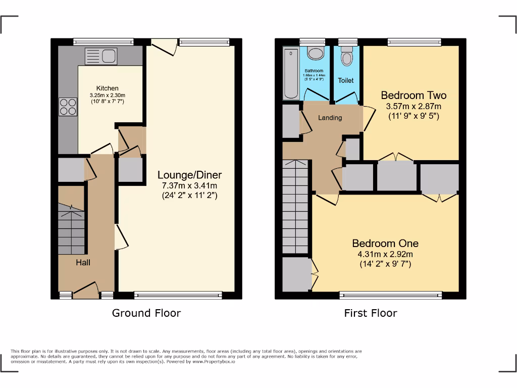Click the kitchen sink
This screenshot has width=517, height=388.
pyautogui.click(x=101, y=56)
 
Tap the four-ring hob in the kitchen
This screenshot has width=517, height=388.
pyautogui.click(x=68, y=107)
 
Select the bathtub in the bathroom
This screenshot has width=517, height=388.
pyautogui.click(x=291, y=74)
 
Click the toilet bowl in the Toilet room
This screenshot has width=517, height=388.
pyautogui.click(x=346, y=58)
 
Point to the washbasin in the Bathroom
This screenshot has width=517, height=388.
pyautogui.click(x=316, y=54)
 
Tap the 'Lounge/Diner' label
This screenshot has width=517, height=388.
pyautogui.click(x=189, y=175)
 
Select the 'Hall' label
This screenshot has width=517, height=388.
pyautogui.click(x=83, y=262)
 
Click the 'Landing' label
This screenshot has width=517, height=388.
pyautogui.click(x=330, y=118)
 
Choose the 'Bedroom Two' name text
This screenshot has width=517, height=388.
pyautogui.click(x=413, y=95)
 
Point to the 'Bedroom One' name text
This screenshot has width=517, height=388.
pyautogui.click(x=385, y=243)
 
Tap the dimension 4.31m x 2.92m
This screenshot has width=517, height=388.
pyautogui.click(x=385, y=254)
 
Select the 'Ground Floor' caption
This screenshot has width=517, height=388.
pyautogui.click(x=146, y=313)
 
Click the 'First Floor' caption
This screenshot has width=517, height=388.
pyautogui.click(x=371, y=313)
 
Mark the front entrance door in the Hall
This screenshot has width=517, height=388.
pyautogui.click(x=85, y=291)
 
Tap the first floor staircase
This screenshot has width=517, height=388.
pyautogui.click(x=295, y=207)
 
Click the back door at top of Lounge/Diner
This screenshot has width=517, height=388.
pyautogui.click(x=164, y=47)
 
